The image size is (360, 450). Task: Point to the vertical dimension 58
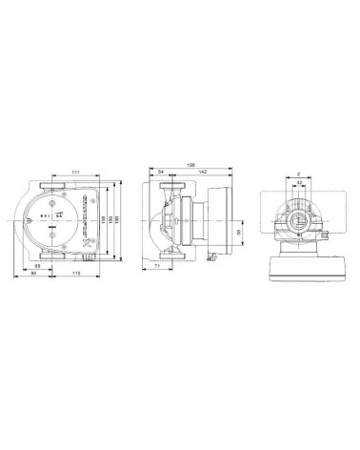click(238, 233)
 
